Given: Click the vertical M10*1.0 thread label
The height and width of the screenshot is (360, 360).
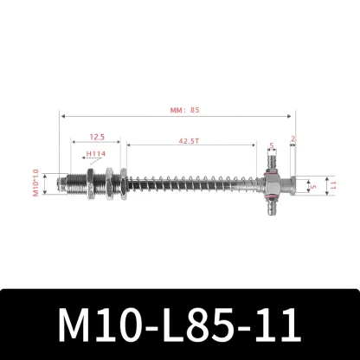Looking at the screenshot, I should click(36, 183).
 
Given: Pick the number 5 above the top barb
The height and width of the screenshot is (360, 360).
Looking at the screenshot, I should click(270, 145).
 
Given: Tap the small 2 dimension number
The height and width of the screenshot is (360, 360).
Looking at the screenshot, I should click(294, 139).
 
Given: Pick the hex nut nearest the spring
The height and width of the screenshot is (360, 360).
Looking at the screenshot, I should click(124, 183).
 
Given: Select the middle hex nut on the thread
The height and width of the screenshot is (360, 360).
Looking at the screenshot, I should click(109, 183).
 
